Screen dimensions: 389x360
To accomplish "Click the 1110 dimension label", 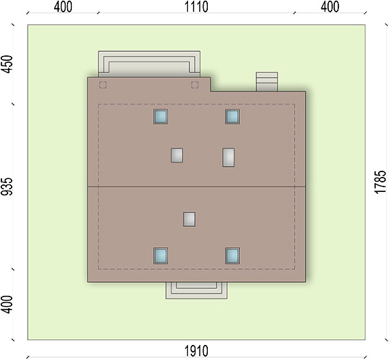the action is tap(196, 7).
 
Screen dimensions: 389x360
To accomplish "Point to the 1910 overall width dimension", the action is tap(196, 351).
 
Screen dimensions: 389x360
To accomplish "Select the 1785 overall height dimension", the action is tap(381, 182).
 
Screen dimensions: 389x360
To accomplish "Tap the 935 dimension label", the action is tap(6, 186).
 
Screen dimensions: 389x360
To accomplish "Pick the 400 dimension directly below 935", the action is tap(6, 305).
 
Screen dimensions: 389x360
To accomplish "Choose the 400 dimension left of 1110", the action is tap(63, 7).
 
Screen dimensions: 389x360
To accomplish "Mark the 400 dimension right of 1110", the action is tap(330, 7).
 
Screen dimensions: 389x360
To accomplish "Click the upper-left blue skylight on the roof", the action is tap(161, 117).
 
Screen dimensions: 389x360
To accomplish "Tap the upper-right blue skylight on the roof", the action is tap(232, 117).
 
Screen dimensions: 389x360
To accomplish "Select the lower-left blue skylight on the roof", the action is tap(161, 255).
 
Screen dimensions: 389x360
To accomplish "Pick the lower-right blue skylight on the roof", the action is tap(232, 255).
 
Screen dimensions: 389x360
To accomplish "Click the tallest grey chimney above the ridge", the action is tap(228, 157).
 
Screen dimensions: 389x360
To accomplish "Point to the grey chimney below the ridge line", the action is tap(189, 219).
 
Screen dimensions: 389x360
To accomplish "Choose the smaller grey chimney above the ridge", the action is tap(177, 156).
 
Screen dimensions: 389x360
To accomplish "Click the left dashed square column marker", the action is tap(103, 85).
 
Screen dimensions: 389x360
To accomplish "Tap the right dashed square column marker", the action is tap(195, 85).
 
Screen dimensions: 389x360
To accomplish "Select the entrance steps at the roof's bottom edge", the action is tap(196, 290).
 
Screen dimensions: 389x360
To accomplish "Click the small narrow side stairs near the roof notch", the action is tap(267, 81).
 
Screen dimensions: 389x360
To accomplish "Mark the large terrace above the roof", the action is tap(149, 64).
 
